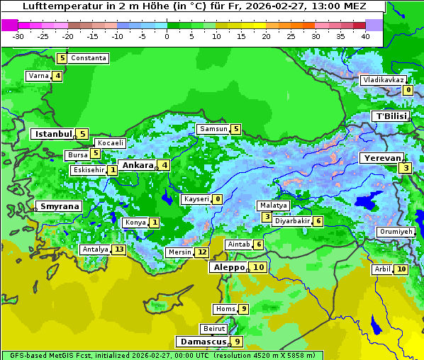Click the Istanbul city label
(x=53, y=134)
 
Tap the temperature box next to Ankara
(x=164, y=165)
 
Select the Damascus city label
(x=202, y=342)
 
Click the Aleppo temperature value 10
(x=258, y=267)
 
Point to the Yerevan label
(x=381, y=158)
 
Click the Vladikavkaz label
(x=384, y=80)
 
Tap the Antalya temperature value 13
(x=119, y=249)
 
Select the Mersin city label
(x=179, y=252)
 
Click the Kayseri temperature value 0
(x=218, y=200)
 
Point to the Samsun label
(x=213, y=129)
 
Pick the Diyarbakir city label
(x=293, y=221)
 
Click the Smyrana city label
(x=60, y=207)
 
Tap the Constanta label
(x=89, y=58)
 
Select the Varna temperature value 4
(x=57, y=76)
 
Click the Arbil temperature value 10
(x=401, y=269)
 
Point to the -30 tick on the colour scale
(x=18, y=35)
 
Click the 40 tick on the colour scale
(x=364, y=35)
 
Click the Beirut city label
(x=214, y=329)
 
